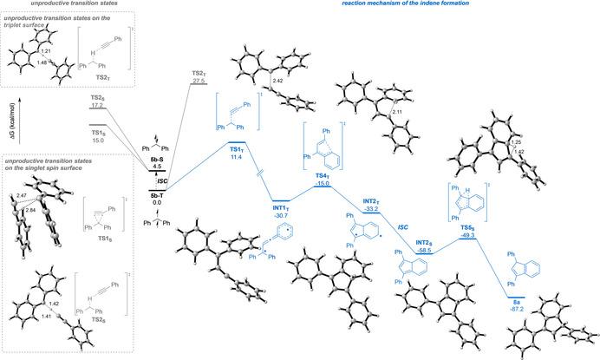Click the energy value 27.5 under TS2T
pos(199,81)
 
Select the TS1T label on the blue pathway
pos(235,149)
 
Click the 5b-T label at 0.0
pos(158,195)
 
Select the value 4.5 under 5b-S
pos(156,167)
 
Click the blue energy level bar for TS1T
pos(236,141)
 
